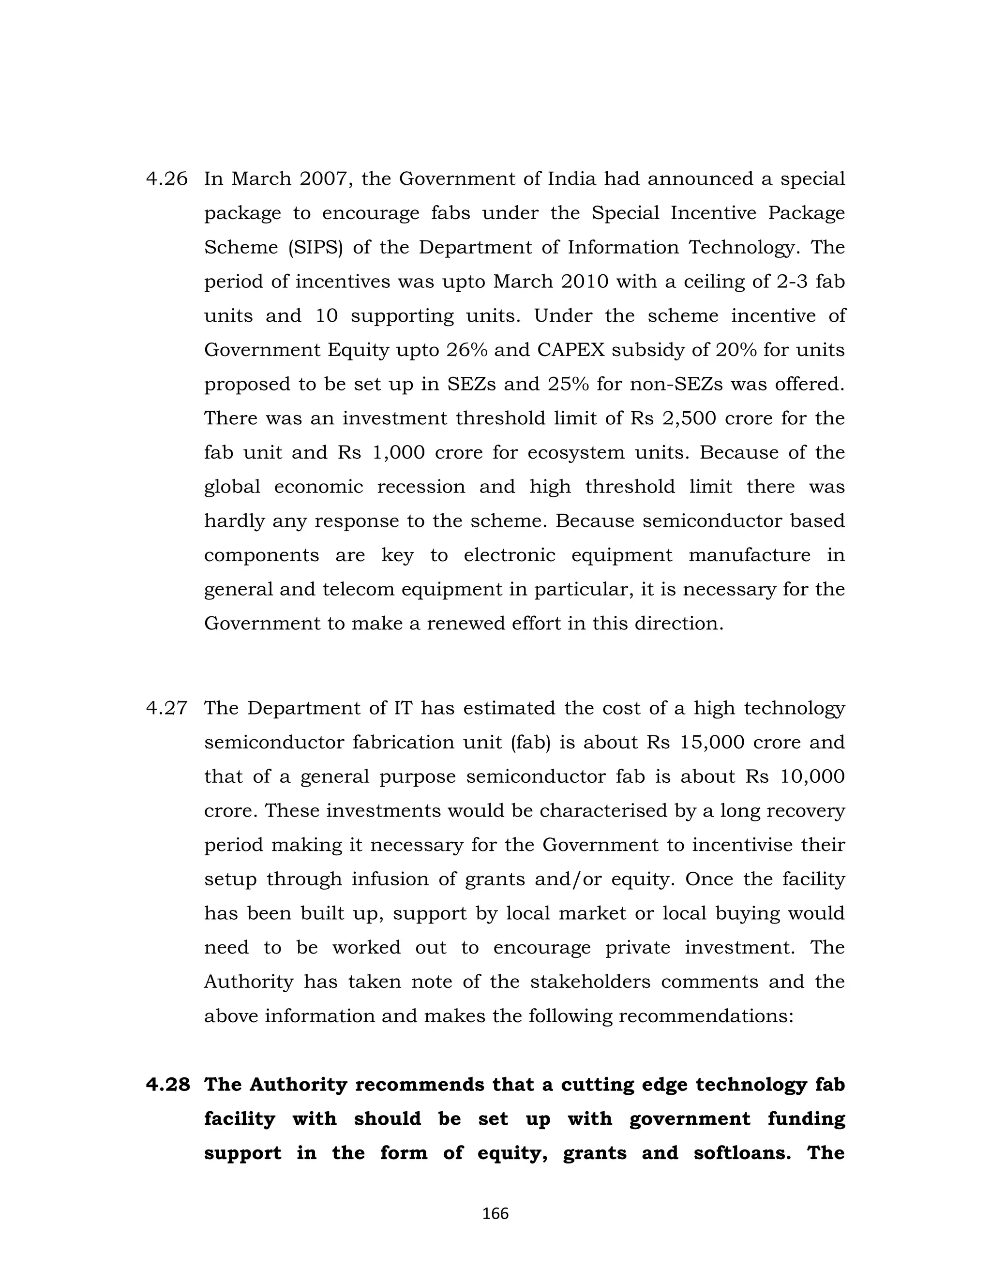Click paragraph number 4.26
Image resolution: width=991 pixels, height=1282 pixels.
(167, 179)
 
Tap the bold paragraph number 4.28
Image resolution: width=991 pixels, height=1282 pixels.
(168, 1085)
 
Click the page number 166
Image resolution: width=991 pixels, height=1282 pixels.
(495, 1214)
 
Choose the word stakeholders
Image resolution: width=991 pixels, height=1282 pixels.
(590, 982)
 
